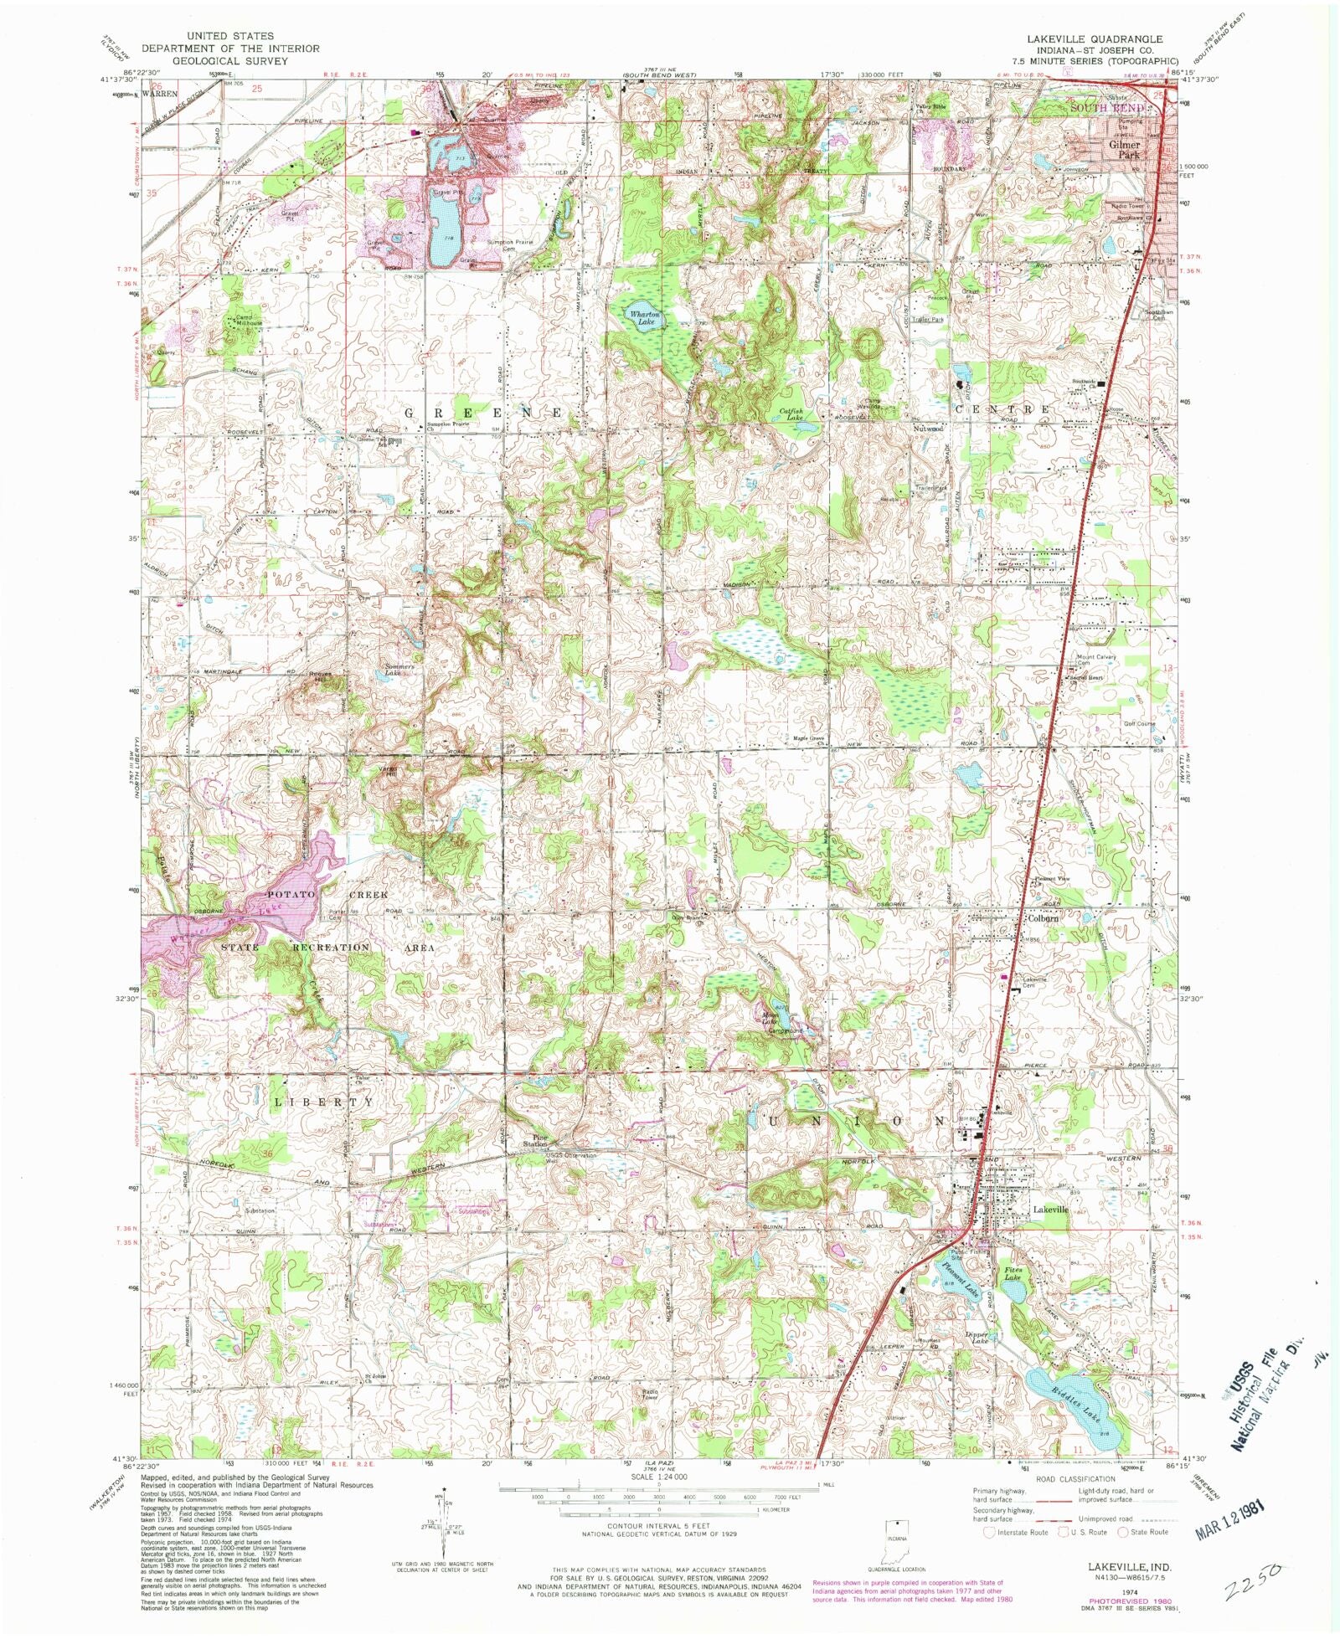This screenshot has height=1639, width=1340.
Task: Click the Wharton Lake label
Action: (x=645, y=316)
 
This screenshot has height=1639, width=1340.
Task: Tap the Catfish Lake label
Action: (x=791, y=414)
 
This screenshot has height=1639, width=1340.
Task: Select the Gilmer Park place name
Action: (x=1125, y=149)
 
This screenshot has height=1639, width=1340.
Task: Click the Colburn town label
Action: (x=1044, y=917)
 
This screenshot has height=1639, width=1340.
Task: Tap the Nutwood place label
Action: (x=928, y=429)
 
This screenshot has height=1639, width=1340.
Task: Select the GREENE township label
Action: (x=486, y=414)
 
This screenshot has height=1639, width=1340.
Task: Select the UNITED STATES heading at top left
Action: (x=229, y=36)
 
